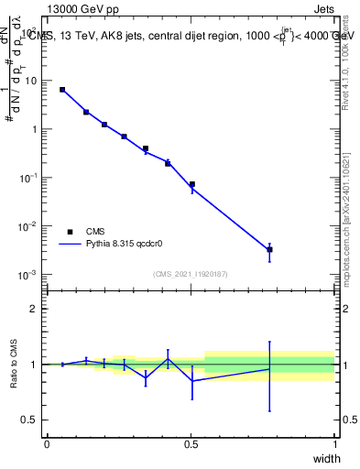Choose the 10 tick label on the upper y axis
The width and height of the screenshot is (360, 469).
31,81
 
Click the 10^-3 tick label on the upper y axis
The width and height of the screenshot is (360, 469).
28,275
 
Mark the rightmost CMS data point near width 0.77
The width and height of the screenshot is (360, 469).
269,249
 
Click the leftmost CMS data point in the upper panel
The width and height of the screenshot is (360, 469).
62,90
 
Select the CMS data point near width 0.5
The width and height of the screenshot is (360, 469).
191,184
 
